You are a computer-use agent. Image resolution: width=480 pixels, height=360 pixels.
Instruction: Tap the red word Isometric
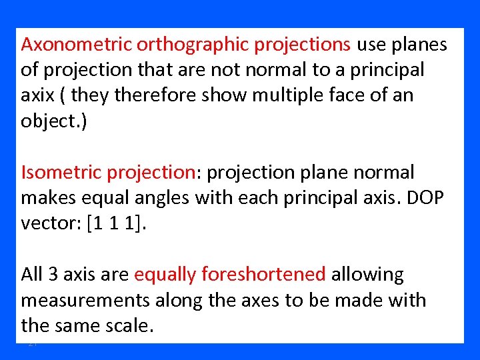61,173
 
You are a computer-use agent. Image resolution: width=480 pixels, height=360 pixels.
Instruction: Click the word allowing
368,275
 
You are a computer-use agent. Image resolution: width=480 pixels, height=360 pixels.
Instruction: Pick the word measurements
85,300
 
